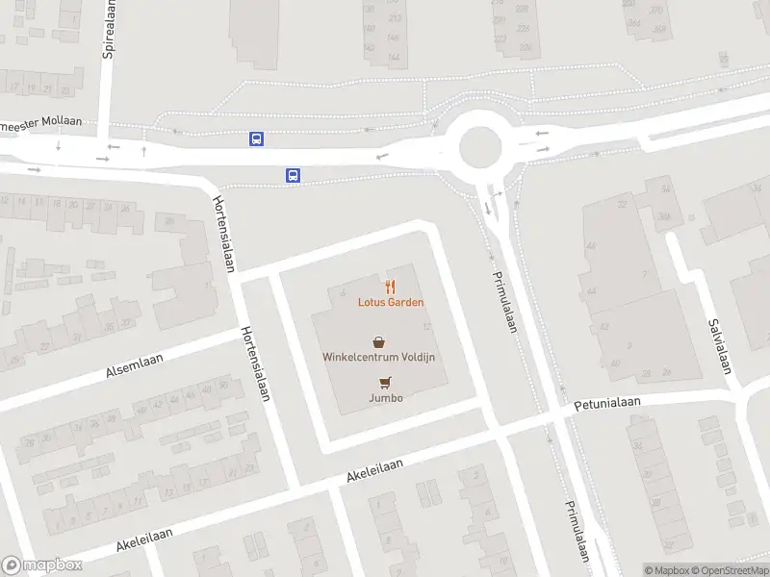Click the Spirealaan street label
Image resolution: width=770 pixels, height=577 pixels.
tap(109, 29)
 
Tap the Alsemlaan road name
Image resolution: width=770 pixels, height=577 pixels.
tap(135, 366)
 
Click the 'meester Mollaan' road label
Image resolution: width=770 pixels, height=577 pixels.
tap(41, 122)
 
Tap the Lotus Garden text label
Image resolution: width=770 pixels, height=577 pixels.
tap(392, 302)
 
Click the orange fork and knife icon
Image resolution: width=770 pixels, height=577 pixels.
tap(390, 286)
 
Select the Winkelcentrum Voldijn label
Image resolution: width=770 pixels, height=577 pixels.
tap(379, 357)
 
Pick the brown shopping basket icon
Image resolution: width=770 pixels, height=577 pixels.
tap(379, 340)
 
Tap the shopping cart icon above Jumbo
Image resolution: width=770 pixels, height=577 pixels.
tap(385, 382)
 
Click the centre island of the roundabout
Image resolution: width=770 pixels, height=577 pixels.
tap(480, 148)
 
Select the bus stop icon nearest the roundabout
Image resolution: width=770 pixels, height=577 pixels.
tap(293, 175)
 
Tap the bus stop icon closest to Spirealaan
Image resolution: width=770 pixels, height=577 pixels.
tap(257, 138)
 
